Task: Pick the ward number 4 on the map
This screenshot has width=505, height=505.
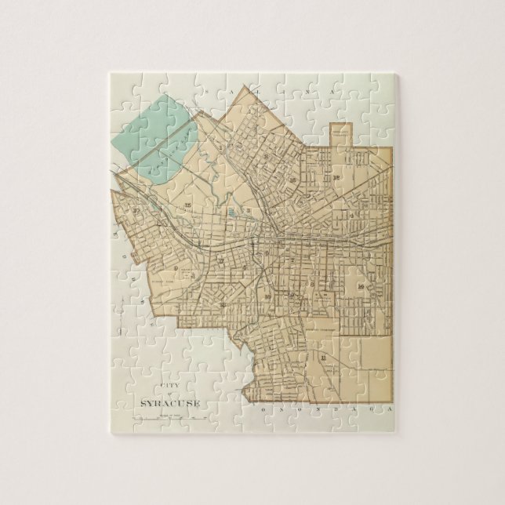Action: tap(353, 214)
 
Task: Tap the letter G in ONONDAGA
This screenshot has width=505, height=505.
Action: tap(365, 409)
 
